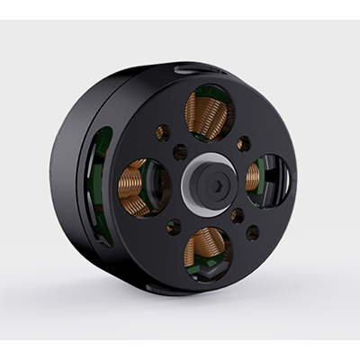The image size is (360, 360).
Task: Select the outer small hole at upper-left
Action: point(162,133)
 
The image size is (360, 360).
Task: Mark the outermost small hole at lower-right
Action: point(253,232)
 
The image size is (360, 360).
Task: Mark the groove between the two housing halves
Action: point(92,180)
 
